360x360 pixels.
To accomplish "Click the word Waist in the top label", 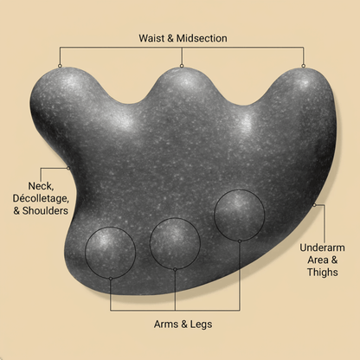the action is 151,38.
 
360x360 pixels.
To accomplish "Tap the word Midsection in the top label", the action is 202,38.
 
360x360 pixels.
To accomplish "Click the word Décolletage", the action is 41,198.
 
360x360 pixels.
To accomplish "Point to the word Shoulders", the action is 45,210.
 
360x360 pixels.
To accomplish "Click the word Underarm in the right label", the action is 322,247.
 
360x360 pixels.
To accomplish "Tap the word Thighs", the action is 322,272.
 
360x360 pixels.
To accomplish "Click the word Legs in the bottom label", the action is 201,325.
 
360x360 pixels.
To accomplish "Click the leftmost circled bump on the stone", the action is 110,253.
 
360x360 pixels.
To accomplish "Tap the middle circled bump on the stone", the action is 175,243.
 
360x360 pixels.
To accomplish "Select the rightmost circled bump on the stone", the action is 239,215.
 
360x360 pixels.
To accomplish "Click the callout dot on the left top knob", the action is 60,66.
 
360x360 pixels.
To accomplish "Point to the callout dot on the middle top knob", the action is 182,66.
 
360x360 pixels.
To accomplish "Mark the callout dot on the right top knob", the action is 303,66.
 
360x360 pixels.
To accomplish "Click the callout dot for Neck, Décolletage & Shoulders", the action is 68,168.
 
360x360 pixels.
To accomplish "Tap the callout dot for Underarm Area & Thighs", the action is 315,205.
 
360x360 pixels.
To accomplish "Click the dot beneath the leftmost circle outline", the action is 111,279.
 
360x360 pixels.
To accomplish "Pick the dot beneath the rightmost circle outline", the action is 240,241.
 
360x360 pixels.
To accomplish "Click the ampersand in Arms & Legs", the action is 183,325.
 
